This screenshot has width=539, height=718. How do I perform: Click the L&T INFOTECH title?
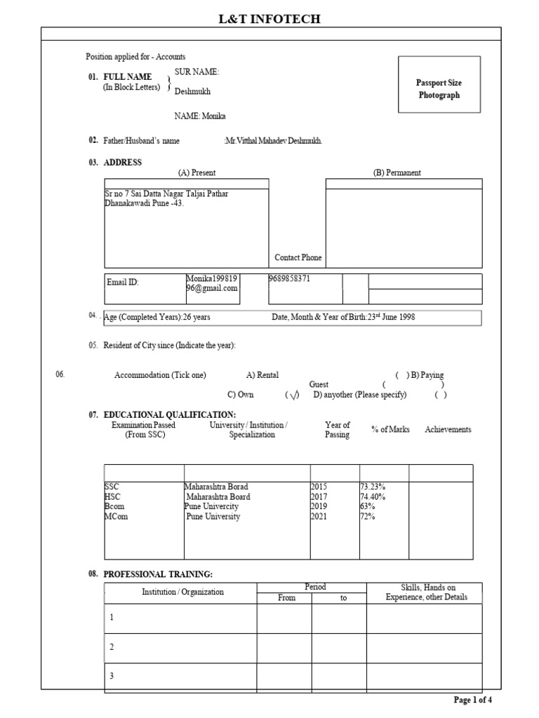pyautogui.click(x=269, y=19)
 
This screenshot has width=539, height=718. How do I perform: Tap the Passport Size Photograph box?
pyautogui.click(x=439, y=89)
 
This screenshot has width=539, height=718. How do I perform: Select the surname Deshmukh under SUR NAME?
pyautogui.click(x=192, y=91)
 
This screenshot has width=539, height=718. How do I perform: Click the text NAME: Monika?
pyautogui.click(x=200, y=116)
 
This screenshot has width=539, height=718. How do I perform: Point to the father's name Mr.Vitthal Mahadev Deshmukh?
pyautogui.click(x=273, y=141)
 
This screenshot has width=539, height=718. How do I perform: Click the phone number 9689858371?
pyautogui.click(x=290, y=278)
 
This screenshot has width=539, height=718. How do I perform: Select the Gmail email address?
pyautogui.click(x=212, y=283)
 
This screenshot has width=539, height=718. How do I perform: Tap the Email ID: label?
pyautogui.click(x=123, y=282)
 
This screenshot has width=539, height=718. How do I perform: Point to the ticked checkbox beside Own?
pyautogui.click(x=292, y=395)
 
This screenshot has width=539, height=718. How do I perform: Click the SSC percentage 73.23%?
pyautogui.click(x=373, y=487)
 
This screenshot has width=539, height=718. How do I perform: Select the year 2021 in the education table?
pyautogui.click(x=319, y=517)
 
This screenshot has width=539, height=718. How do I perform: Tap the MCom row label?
pyautogui.click(x=117, y=517)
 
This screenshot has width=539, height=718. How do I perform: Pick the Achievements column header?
pyautogui.click(x=448, y=430)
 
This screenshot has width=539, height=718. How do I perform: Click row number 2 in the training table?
pyautogui.click(x=111, y=646)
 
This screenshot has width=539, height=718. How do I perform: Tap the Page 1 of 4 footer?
pyautogui.click(x=477, y=700)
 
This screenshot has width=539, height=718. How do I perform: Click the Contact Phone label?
pyautogui.click(x=298, y=257)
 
